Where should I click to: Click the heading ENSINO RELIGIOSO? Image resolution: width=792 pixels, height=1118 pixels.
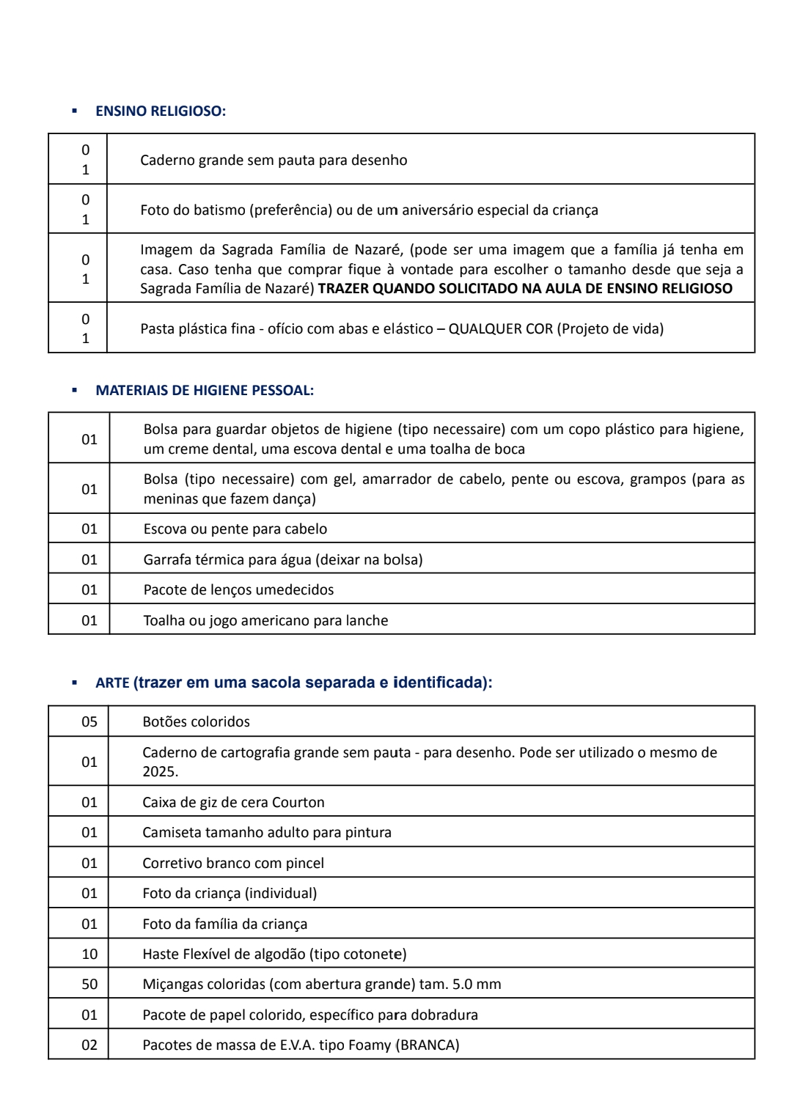click(161, 111)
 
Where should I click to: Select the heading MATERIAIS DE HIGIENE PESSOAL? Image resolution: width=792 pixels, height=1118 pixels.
click(205, 391)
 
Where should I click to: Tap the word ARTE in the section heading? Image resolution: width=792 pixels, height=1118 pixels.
click(112, 683)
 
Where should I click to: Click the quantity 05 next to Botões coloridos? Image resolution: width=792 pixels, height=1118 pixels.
click(89, 722)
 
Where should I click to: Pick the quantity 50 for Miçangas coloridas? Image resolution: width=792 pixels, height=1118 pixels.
click(89, 985)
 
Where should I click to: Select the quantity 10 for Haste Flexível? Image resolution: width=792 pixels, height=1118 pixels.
click(89, 955)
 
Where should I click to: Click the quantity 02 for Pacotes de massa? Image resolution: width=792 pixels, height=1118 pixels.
click(89, 1045)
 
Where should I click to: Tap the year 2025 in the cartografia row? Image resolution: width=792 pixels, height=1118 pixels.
click(159, 772)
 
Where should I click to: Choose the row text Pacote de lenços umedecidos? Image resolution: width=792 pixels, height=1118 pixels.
click(238, 590)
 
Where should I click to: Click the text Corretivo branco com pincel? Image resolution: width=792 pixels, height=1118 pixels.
click(233, 864)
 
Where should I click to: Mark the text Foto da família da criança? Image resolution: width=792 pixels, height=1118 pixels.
click(224, 924)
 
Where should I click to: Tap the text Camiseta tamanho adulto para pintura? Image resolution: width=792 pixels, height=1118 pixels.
click(267, 833)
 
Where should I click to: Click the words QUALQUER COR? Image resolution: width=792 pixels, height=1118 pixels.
click(501, 329)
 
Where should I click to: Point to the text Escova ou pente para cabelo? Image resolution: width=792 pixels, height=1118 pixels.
click(235, 529)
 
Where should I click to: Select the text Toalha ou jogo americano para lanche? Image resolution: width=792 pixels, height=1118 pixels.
click(265, 621)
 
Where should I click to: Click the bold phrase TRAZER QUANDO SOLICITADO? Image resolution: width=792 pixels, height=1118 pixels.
click(416, 289)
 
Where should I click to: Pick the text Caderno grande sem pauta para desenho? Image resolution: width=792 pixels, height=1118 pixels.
click(274, 161)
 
